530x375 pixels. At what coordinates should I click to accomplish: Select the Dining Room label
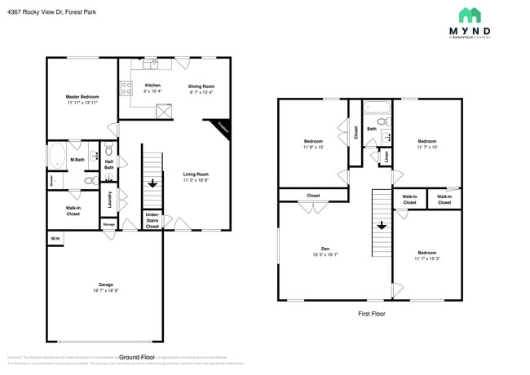click(x=201, y=89)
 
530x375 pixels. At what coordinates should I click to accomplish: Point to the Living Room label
click(x=196, y=177)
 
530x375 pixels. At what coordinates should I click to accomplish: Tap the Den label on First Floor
click(x=325, y=252)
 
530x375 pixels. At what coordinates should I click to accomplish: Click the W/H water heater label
click(x=55, y=238)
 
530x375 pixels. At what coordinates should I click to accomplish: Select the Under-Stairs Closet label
click(x=152, y=220)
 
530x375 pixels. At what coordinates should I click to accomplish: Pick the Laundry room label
click(x=109, y=198)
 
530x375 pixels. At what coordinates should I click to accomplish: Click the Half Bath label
click(x=108, y=165)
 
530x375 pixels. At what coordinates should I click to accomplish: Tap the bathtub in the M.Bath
click(x=58, y=155)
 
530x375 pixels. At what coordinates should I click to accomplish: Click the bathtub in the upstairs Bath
click(x=377, y=107)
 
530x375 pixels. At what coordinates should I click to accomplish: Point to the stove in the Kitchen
click(x=127, y=88)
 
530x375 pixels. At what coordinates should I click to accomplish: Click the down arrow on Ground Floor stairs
click(x=152, y=183)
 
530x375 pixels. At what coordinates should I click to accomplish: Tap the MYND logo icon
click(x=469, y=15)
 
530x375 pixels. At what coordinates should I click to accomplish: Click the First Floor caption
click(x=372, y=314)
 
